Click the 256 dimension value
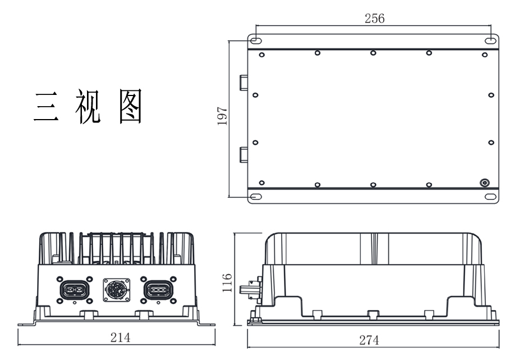(374, 18)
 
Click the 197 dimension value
(223, 116)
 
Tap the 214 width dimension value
(120, 338)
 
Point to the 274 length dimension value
(369, 340)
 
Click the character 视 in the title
(87, 107)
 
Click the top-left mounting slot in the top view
(255, 40)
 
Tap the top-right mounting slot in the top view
(490, 40)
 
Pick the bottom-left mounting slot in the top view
(255, 197)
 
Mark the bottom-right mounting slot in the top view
(490, 197)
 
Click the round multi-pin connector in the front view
(116, 290)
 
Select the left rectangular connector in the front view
(74, 290)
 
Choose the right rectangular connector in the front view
(159, 290)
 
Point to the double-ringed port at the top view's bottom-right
(484, 183)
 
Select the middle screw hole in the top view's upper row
(373, 53)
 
